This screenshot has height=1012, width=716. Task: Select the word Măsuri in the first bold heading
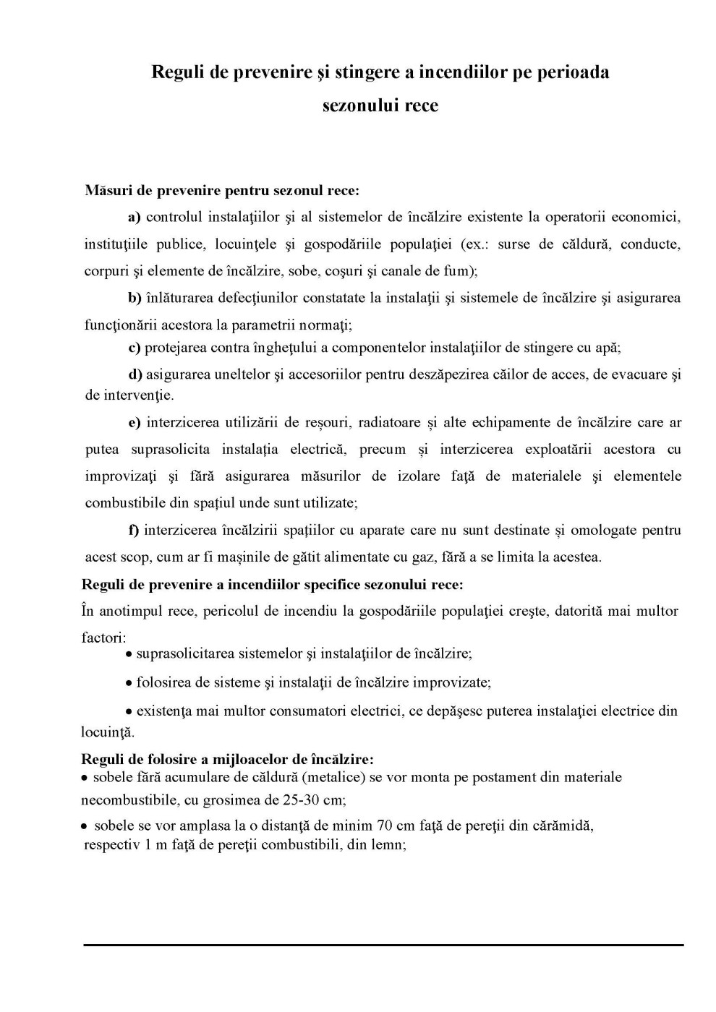107,191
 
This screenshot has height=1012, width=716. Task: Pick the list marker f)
134,531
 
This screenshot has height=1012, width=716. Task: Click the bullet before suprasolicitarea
129,655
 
